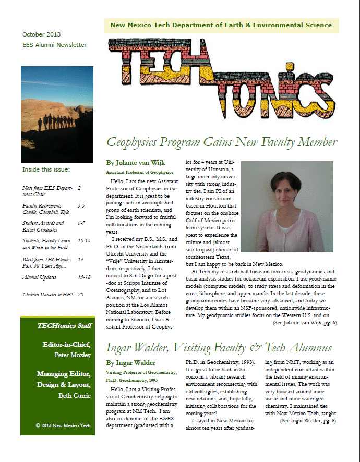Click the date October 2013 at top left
[41, 34]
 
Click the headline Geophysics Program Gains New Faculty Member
[222, 141]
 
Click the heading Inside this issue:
[46, 170]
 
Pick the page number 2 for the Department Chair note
[79, 188]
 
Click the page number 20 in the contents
[80, 295]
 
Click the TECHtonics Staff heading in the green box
[64, 326]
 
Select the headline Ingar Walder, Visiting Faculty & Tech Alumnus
[219, 347]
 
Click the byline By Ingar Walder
[130, 362]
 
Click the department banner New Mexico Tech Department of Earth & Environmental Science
[221, 25]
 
